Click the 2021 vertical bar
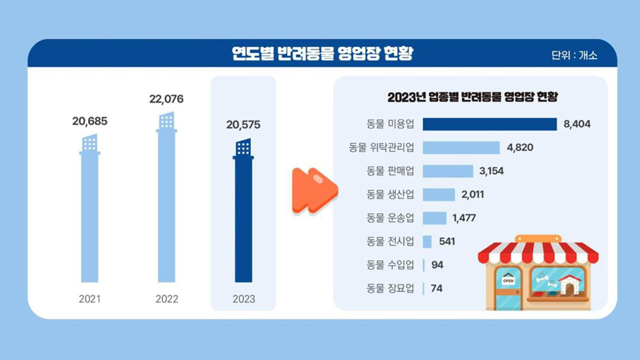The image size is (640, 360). [89, 215]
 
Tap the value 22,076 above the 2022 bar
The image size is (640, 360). [166, 99]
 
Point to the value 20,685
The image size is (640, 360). [90, 121]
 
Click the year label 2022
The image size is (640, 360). [166, 299]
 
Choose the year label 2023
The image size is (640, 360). [243, 299]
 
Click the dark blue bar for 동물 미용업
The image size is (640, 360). [489, 124]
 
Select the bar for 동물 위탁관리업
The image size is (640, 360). [461, 147]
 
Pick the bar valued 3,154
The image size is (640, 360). [447, 171]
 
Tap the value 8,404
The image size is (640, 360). [577, 124]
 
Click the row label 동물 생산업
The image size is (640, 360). [390, 194]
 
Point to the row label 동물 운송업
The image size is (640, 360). [390, 218]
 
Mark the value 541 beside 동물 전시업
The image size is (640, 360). [447, 241]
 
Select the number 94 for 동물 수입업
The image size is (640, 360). [437, 265]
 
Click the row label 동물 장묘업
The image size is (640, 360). [390, 288]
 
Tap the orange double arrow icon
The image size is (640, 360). [315, 191]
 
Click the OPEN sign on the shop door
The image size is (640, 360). [508, 281]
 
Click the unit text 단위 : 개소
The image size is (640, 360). [574, 55]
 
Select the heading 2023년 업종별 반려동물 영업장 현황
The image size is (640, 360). [472, 97]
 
